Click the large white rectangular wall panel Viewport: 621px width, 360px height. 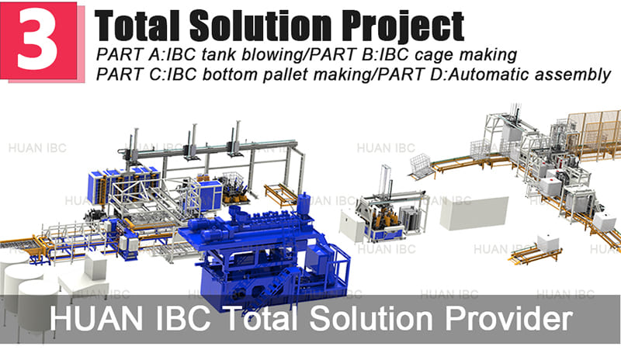tap(474, 212)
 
